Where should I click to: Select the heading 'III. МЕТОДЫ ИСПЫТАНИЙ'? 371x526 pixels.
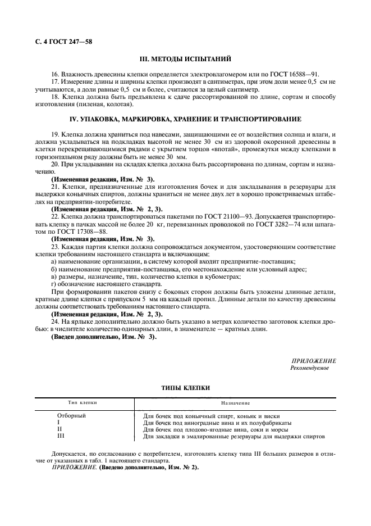[185, 59]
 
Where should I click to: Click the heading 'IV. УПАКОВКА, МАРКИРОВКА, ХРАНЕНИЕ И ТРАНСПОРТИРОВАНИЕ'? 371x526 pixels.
[185, 119]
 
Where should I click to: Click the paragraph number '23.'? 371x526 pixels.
[55, 246]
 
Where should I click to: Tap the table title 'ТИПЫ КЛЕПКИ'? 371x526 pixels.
[185, 388]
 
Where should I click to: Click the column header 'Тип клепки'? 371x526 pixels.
[83, 403]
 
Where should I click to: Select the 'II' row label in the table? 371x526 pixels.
[60, 429]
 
